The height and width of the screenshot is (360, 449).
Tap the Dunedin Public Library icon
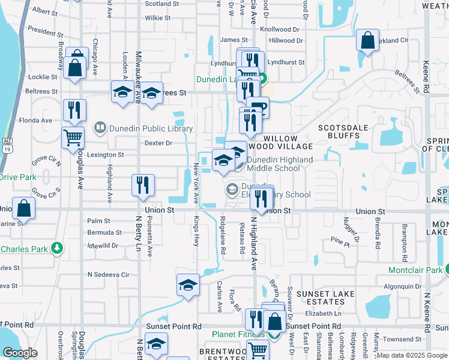point(100,128)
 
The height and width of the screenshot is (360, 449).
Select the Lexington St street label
point(106,155)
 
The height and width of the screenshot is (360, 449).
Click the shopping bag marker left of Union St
point(23,209)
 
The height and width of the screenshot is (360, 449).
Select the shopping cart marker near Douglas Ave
point(73,137)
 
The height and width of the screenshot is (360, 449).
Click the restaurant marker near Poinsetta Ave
point(143,184)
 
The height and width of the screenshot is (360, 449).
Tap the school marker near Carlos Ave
point(188,284)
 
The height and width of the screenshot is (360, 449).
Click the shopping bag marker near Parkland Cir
point(367,40)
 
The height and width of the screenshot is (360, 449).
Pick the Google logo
point(20,353)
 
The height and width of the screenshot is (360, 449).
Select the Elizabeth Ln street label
point(323,313)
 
